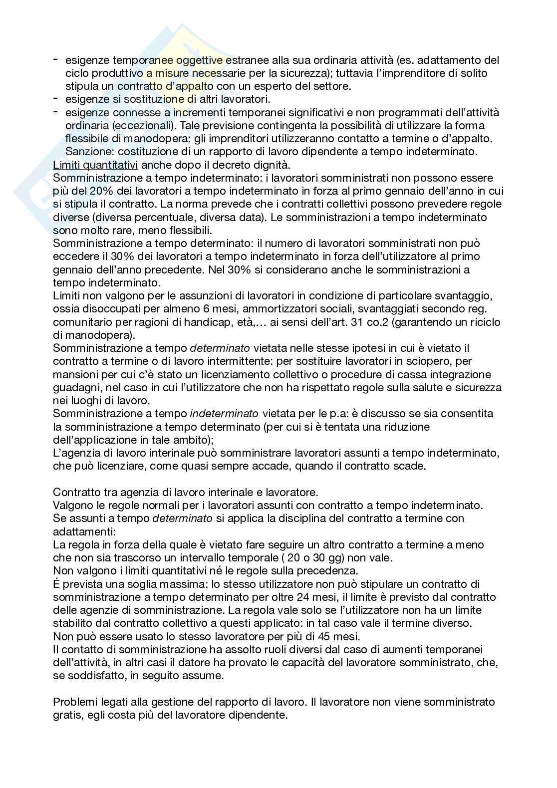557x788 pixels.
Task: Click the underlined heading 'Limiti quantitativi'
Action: (x=95, y=165)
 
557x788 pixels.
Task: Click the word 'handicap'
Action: (x=209, y=322)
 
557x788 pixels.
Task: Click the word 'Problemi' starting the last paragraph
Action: (x=76, y=702)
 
